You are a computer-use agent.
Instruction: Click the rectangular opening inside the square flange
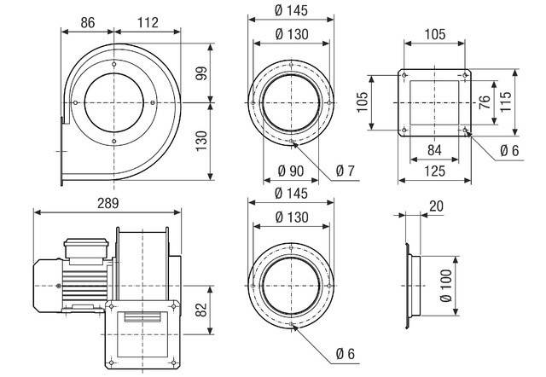(x=435, y=103)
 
